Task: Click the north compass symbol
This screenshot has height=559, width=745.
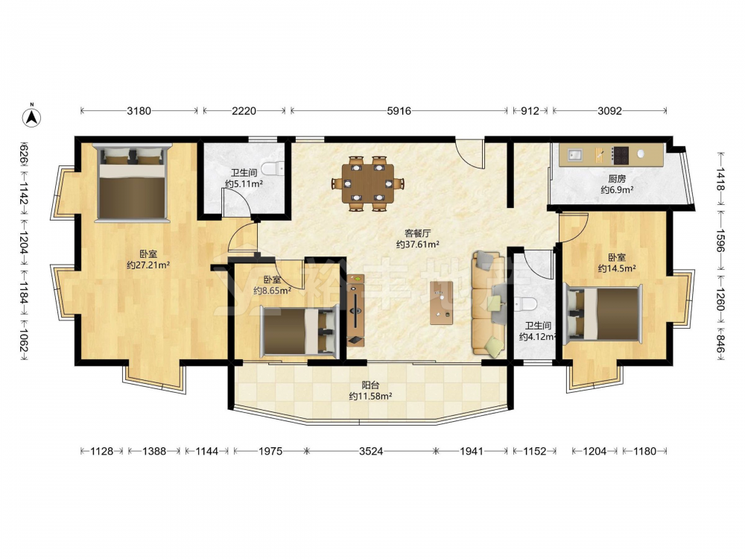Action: (32, 116)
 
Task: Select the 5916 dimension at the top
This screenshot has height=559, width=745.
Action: (399, 111)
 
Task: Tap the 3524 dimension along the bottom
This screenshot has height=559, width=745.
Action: (370, 451)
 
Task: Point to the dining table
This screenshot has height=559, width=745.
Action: (369, 183)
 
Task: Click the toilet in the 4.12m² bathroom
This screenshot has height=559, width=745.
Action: (527, 303)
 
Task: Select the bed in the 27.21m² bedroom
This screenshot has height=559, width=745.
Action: (132, 183)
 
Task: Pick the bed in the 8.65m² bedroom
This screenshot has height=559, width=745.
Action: (299, 331)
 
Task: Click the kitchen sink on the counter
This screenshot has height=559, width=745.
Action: (575, 154)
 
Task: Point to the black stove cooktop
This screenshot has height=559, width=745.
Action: (620, 155)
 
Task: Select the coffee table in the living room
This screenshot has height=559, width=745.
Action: (441, 303)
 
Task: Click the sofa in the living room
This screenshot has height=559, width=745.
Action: (488, 304)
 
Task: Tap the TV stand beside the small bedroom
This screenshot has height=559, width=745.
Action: (355, 310)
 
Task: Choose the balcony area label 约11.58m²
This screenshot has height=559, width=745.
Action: (370, 396)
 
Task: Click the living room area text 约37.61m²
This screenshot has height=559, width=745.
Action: (418, 244)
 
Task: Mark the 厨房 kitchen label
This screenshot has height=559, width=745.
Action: (617, 179)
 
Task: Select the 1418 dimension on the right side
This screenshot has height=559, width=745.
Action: (720, 179)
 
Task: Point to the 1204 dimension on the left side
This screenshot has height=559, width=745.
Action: (23, 244)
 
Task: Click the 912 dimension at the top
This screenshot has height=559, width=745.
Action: (530, 111)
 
